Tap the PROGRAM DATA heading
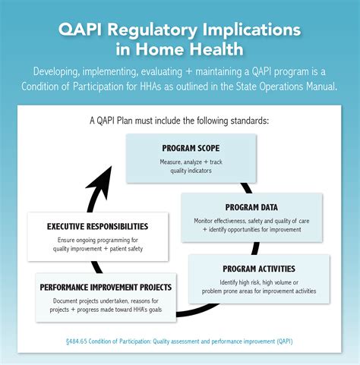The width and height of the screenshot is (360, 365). [x=251, y=207]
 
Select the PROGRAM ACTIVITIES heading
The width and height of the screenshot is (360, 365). [x=259, y=268]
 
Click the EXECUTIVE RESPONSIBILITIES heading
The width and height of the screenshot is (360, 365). [x=97, y=226]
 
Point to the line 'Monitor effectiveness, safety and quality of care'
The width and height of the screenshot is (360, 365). [x=251, y=221]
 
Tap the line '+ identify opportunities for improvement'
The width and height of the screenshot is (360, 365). [x=251, y=230]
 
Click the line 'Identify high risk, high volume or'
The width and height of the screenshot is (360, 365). [x=259, y=282]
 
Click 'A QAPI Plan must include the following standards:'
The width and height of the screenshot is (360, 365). [x=179, y=120]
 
